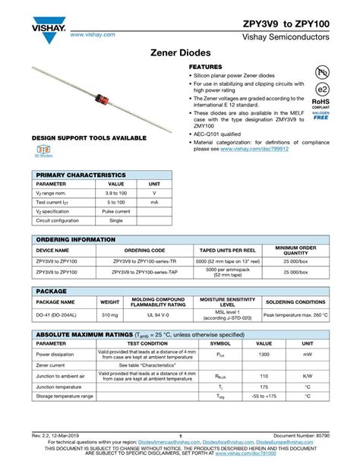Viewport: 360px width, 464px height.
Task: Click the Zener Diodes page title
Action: pos(180,57)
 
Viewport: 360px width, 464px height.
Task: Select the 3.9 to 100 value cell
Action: pos(116,194)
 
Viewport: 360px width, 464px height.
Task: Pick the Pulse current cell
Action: pos(116,211)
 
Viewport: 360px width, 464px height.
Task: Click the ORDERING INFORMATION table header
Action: pos(76,239)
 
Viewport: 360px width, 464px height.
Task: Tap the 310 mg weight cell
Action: pos(110,314)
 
